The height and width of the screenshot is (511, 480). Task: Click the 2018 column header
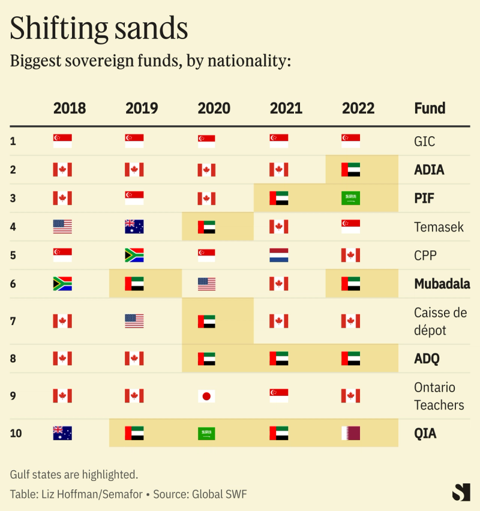pyautogui.click(x=70, y=109)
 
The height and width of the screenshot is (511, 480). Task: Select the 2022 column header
pyautogui.click(x=358, y=109)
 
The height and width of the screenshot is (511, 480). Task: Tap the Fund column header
pyautogui.click(x=430, y=109)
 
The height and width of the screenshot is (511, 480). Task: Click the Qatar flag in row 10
pyautogui.click(x=350, y=433)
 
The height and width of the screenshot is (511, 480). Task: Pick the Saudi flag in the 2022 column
pyautogui.click(x=350, y=198)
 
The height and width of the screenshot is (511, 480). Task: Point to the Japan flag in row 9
pyautogui.click(x=206, y=396)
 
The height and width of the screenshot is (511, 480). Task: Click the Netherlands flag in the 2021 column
pyautogui.click(x=278, y=256)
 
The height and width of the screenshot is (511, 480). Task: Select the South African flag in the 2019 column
pyautogui.click(x=134, y=256)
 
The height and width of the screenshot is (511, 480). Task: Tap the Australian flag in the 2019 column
pyautogui.click(x=134, y=227)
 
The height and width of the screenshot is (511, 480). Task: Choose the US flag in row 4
pyautogui.click(x=62, y=227)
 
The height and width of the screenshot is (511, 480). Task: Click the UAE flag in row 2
pyautogui.click(x=350, y=170)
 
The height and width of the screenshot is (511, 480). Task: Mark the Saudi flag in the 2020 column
pyautogui.click(x=206, y=433)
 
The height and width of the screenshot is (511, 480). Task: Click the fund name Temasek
pyautogui.click(x=439, y=227)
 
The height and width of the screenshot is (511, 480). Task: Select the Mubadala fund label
pyautogui.click(x=442, y=284)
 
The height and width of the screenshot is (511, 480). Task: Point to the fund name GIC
pyautogui.click(x=424, y=142)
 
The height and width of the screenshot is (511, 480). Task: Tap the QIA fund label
pyautogui.click(x=425, y=433)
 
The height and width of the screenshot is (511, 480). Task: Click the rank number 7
pyautogui.click(x=13, y=321)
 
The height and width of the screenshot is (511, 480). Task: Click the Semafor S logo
pyautogui.click(x=461, y=492)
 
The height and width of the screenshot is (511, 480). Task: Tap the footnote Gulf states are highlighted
pyautogui.click(x=74, y=474)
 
